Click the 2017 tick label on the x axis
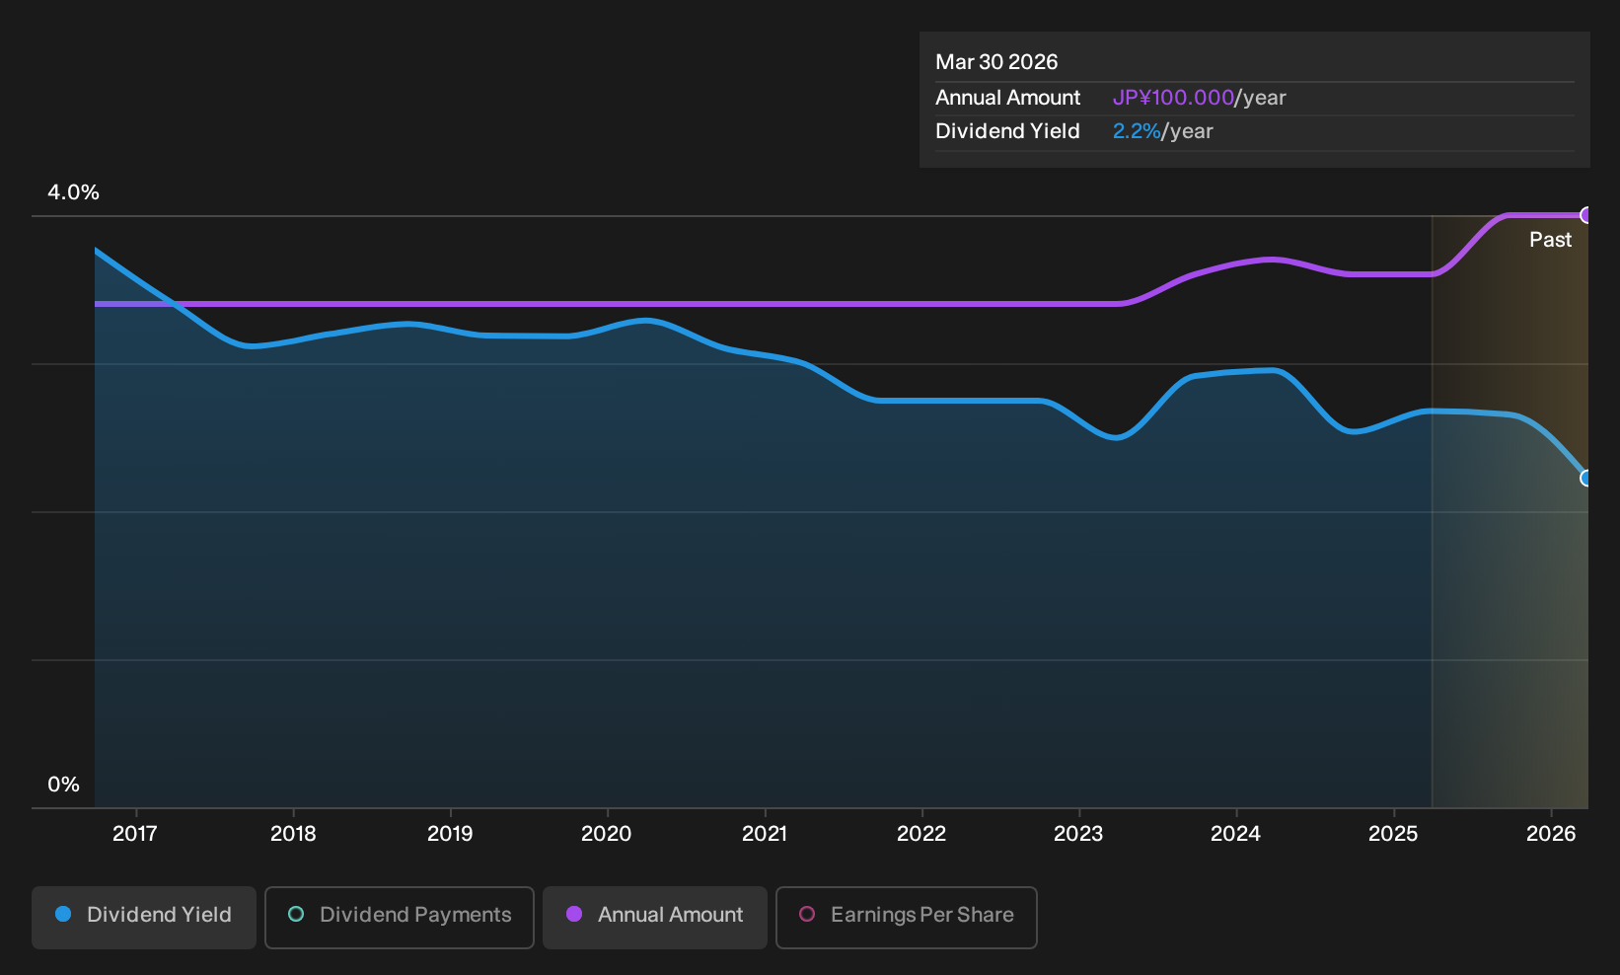[x=135, y=834]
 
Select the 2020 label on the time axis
[x=607, y=834]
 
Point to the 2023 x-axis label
[x=1078, y=834]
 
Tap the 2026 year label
[x=1551, y=834]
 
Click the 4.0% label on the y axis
[x=73, y=192]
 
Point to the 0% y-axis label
[x=64, y=785]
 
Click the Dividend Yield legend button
[x=144, y=917]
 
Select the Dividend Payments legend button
[x=400, y=917]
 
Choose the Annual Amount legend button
[x=654, y=917]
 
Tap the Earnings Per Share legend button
[x=906, y=917]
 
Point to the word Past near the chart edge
[x=1550, y=240]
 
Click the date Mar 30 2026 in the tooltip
[x=996, y=62]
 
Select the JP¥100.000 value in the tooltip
[x=1173, y=98]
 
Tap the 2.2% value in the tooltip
[x=1137, y=131]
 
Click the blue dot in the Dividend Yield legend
[x=64, y=914]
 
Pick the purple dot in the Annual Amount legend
[x=574, y=914]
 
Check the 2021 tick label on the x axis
[x=765, y=834]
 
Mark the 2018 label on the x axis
[x=293, y=834]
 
